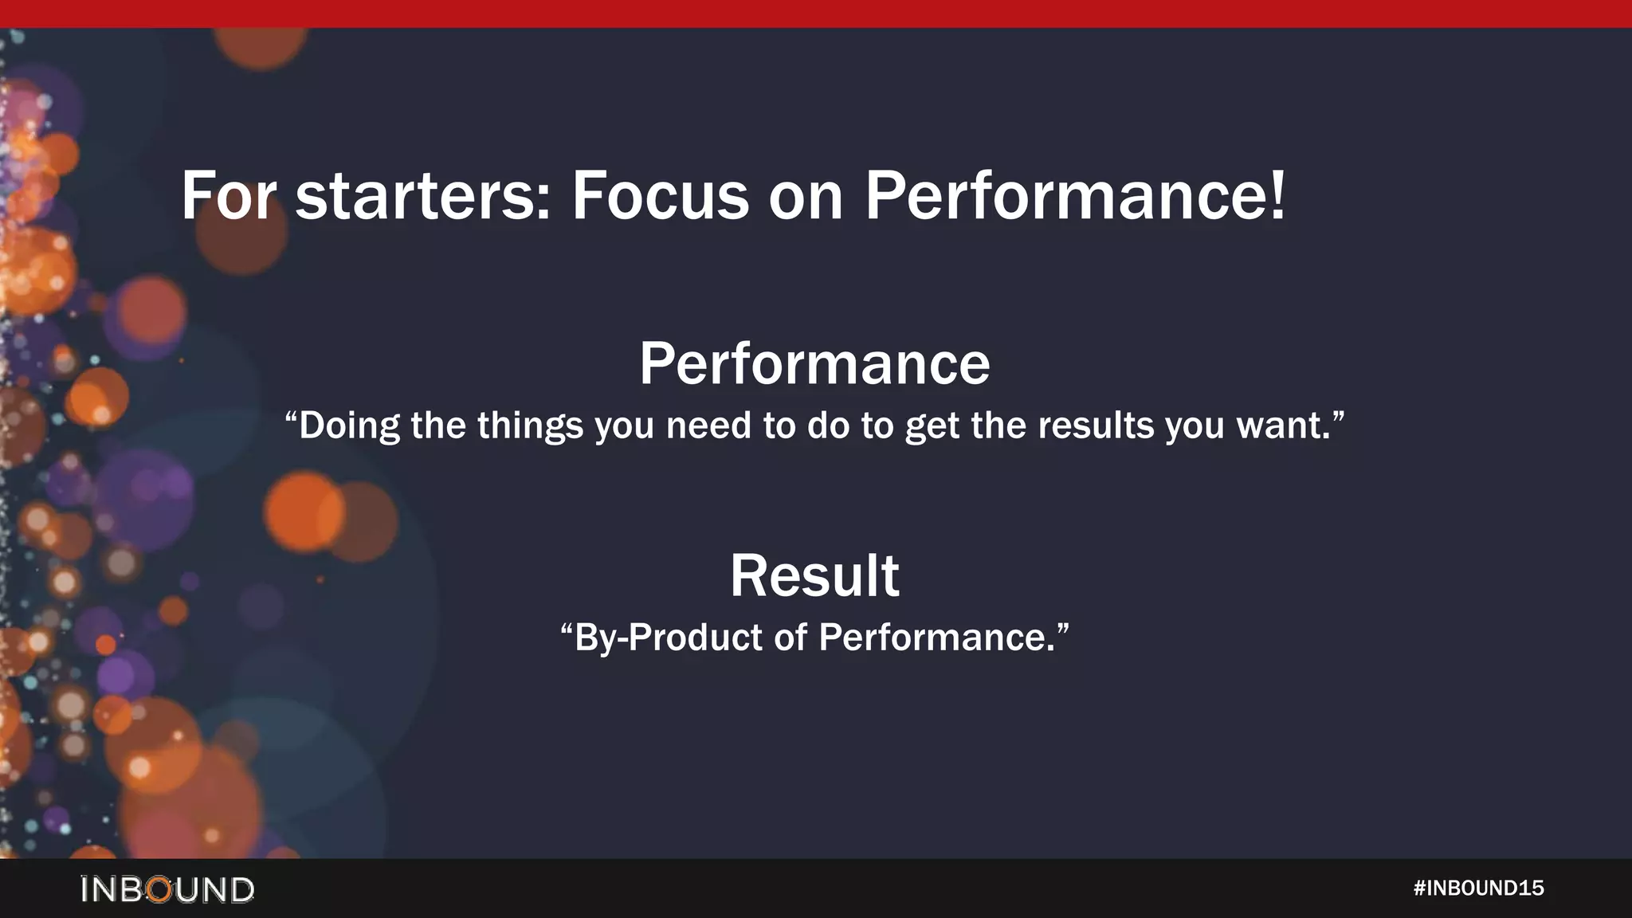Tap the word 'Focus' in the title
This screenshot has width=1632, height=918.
coord(660,196)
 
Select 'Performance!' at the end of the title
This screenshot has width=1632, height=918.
coord(1075,196)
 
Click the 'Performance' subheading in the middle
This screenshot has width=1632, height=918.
coord(814,364)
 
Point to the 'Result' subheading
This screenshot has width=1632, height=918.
coord(814,575)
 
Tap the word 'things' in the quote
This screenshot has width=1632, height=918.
coord(530,426)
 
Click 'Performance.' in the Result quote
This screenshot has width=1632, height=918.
coord(937,637)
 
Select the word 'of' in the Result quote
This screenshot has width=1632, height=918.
coord(790,637)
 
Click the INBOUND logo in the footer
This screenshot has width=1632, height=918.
coord(167,889)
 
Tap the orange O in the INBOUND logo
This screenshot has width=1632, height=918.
coord(160,889)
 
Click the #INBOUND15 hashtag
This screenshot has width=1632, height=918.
coord(1478,888)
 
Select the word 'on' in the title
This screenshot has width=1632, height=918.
coord(805,198)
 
